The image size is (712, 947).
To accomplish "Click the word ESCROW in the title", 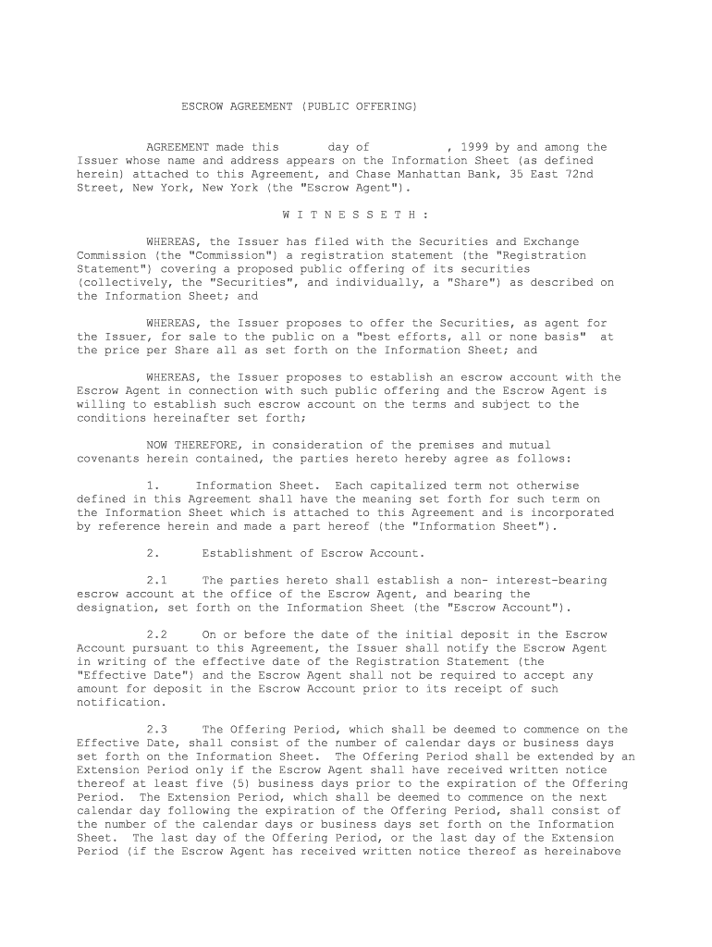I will (201, 107).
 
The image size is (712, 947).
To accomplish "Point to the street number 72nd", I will (579, 174).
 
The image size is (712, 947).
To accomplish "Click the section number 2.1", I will (156, 581).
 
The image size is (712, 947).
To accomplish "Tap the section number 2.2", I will (156, 634).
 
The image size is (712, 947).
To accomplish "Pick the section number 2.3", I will (156, 729).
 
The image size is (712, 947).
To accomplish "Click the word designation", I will (115, 608).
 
